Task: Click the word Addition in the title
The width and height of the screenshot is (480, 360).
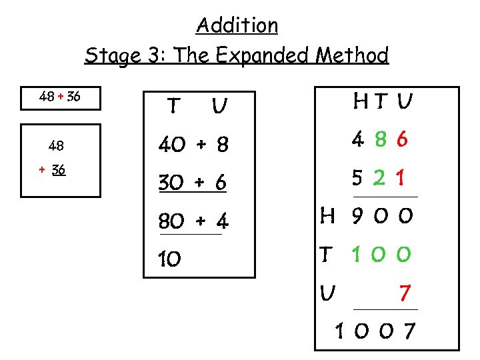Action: tap(237, 25)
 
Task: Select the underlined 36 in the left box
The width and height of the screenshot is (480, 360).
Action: tap(59, 169)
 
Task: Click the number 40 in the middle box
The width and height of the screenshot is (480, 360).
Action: tap(171, 144)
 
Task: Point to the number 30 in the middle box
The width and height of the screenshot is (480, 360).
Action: tap(171, 183)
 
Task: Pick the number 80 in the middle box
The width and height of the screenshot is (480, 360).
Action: tap(171, 220)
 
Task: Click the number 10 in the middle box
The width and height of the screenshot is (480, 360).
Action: tap(169, 259)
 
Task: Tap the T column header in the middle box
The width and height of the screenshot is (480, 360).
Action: tap(173, 106)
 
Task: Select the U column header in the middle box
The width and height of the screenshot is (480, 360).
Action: tap(217, 106)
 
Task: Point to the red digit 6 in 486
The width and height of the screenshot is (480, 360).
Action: tap(401, 139)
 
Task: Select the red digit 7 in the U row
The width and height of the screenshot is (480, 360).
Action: tap(404, 293)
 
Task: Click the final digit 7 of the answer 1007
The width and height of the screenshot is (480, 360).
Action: tap(408, 330)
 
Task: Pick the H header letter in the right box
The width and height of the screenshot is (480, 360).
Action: tap(359, 101)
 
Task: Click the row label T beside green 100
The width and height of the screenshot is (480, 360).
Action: tap(327, 254)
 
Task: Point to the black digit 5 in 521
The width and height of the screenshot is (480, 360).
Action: tap(359, 179)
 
